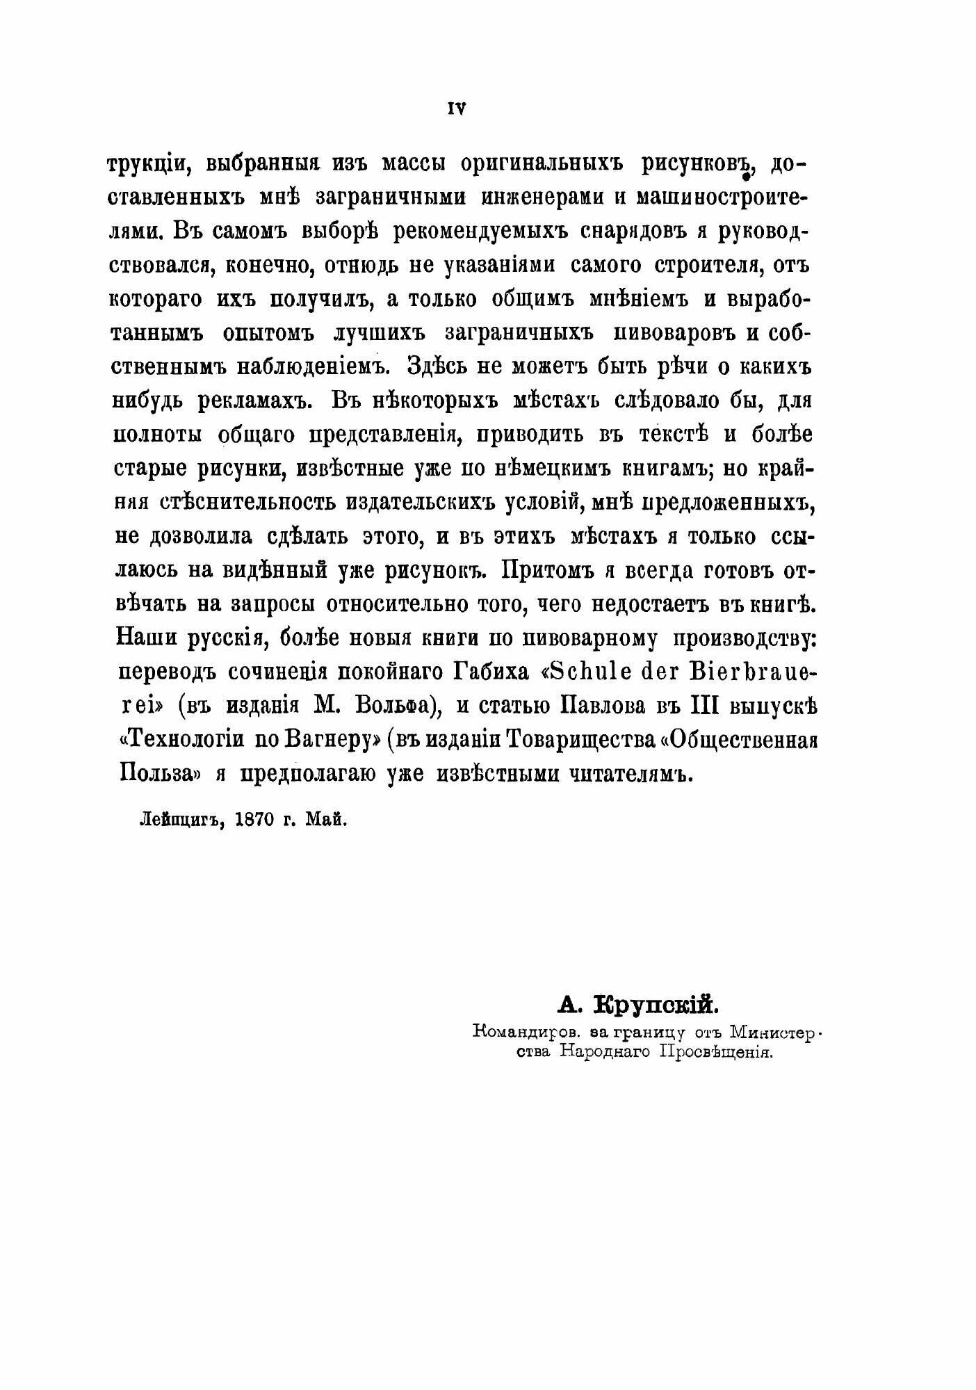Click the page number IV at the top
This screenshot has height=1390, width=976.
(x=455, y=108)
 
